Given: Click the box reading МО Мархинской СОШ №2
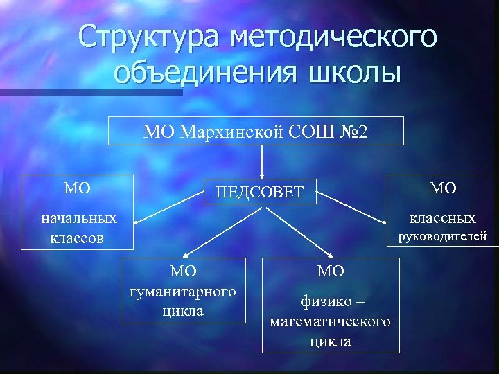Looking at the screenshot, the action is (256, 131).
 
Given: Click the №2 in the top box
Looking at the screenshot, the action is (357, 131).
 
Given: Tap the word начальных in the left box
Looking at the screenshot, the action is (78, 219).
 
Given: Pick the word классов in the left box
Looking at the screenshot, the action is (77, 238).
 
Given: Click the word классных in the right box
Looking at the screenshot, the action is (442, 219).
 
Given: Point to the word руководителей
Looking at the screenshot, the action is (442, 237).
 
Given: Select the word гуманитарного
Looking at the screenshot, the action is (183, 291).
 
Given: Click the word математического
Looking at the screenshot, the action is (330, 321).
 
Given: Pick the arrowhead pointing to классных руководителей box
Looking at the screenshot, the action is (385, 223).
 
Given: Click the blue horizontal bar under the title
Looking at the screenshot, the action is (90, 92).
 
